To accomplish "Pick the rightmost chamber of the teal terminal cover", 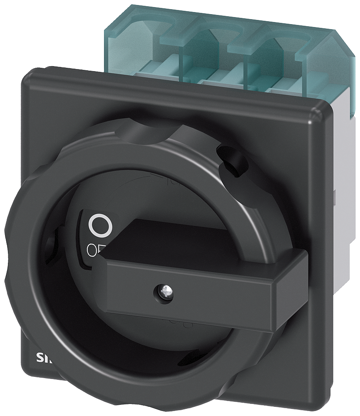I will tap(279, 62).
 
